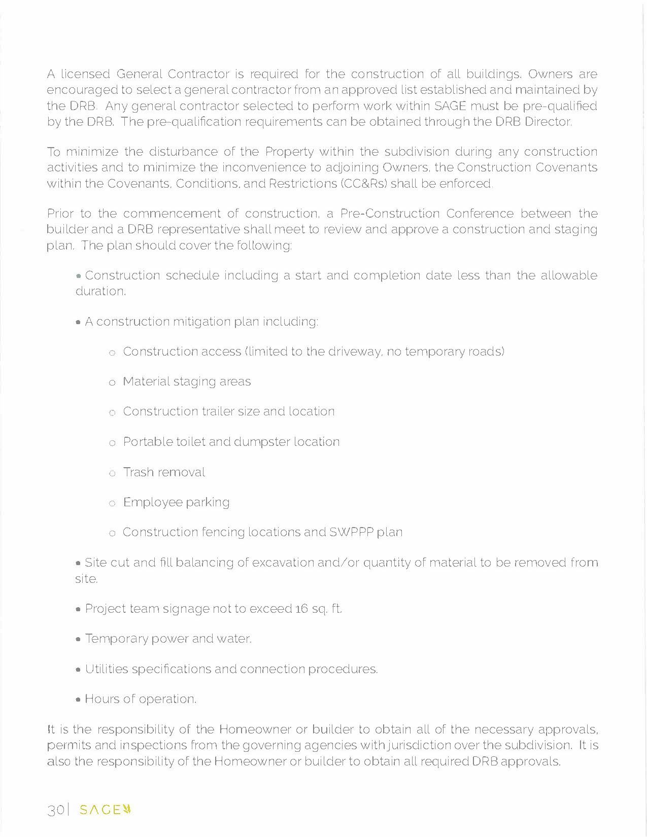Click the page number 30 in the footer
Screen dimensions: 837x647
pos(55,810)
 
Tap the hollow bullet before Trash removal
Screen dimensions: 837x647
pos(112,473)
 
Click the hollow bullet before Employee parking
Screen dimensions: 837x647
pos(112,503)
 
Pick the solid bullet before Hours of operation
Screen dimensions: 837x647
pos(78,700)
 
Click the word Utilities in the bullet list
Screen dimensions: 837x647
pos(107,669)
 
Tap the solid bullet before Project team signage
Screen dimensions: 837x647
pos(78,609)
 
